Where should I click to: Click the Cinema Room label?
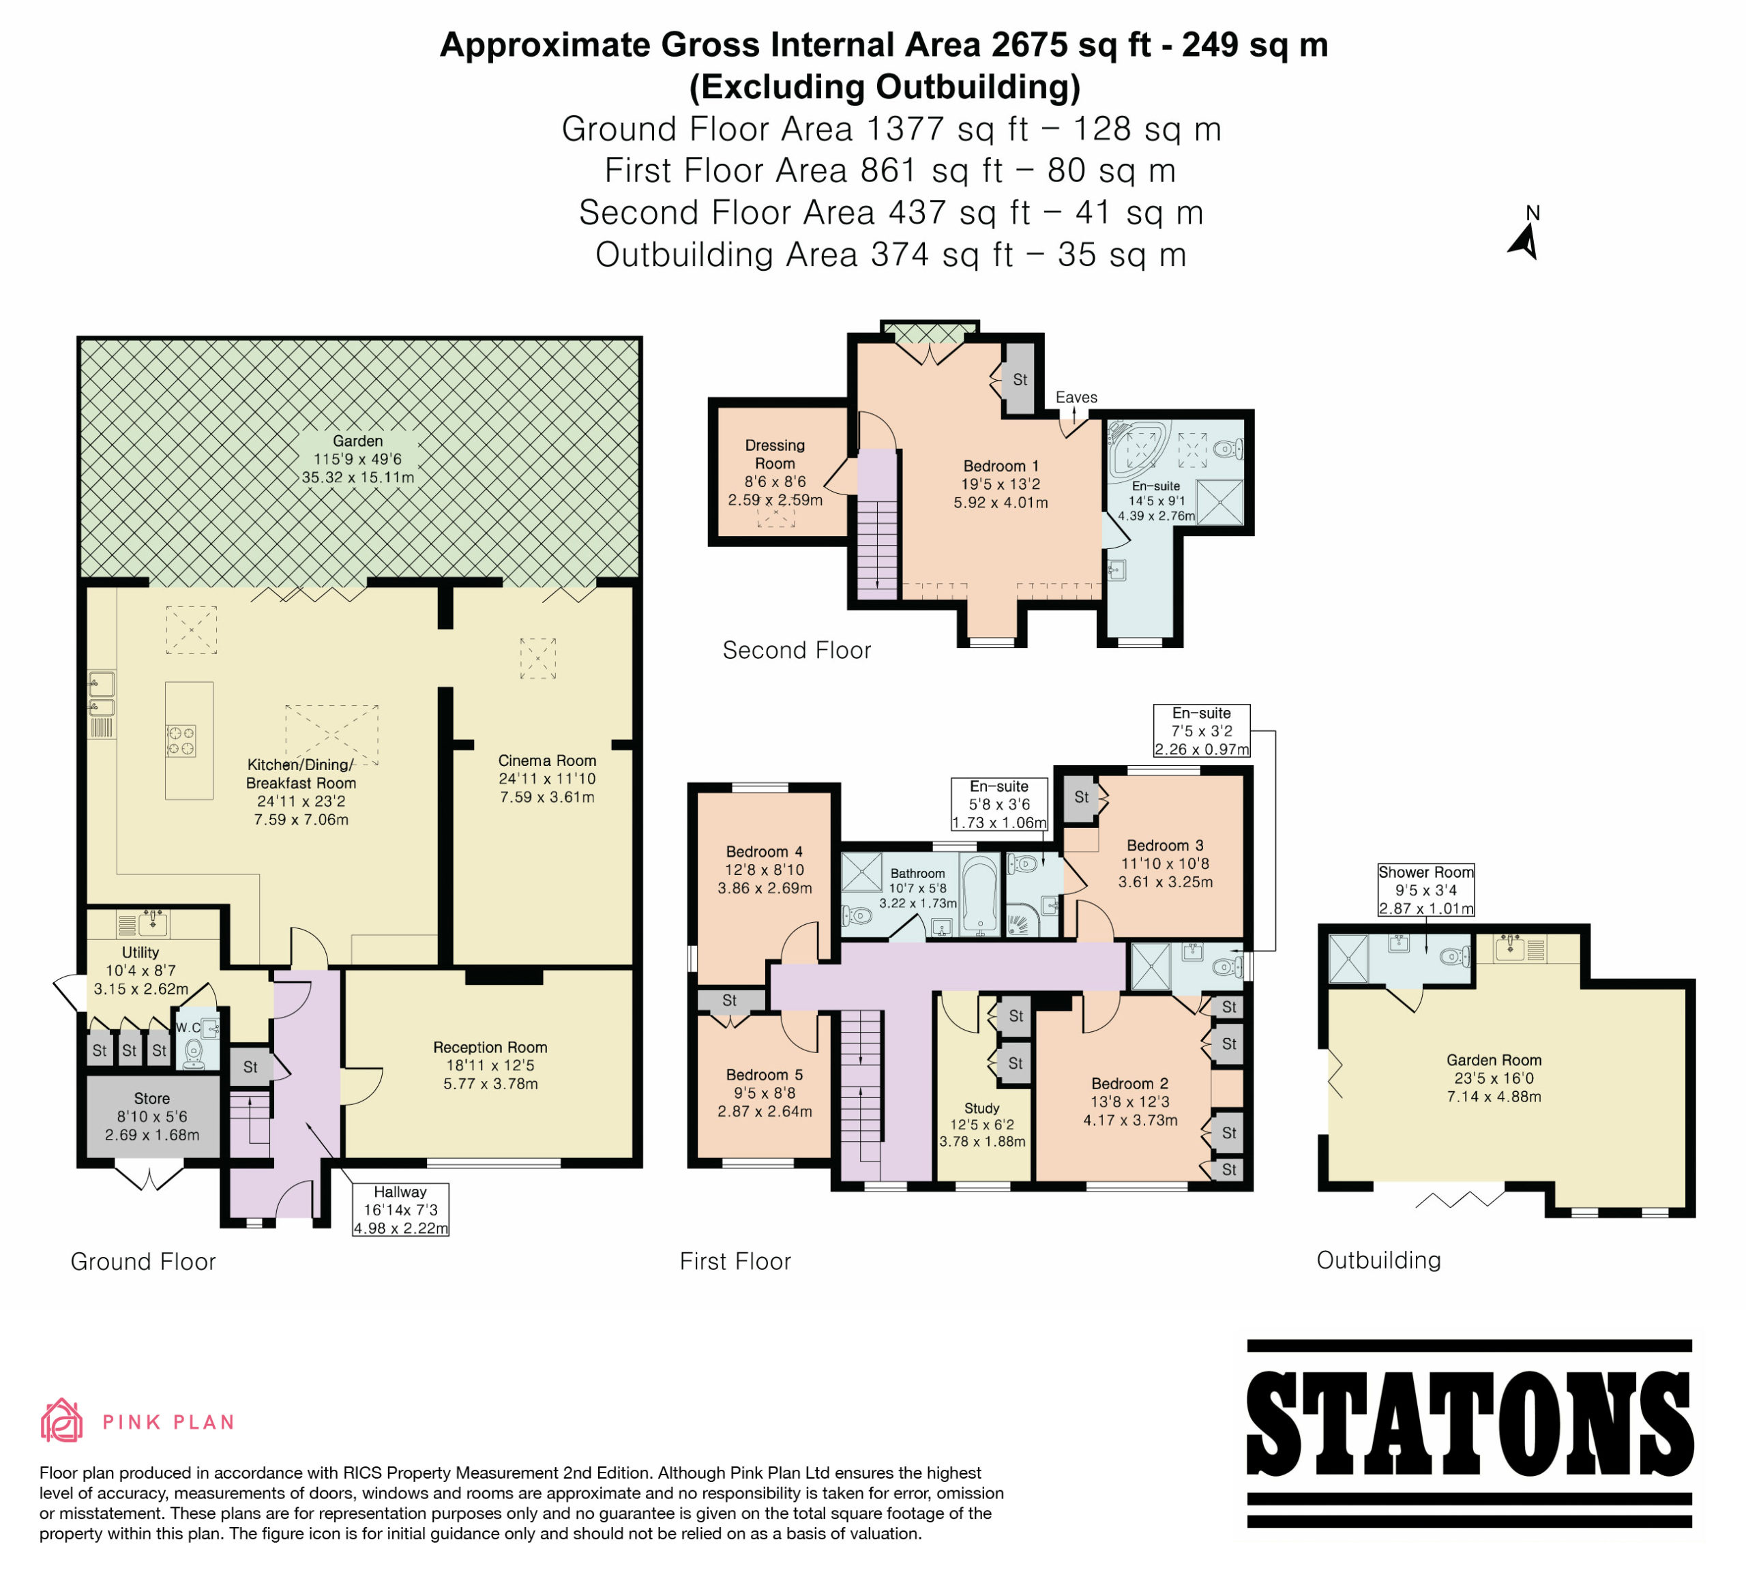point(548,760)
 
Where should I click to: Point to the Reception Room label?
point(490,1047)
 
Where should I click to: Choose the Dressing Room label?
point(775,454)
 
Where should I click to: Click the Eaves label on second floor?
point(1076,397)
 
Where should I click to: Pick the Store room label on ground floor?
point(151,1098)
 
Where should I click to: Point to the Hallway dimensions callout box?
point(401,1210)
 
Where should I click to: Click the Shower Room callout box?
point(1425,889)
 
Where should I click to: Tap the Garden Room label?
point(1494,1060)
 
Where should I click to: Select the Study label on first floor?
point(982,1108)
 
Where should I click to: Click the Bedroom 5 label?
point(765,1075)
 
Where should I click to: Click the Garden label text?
point(357,441)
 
